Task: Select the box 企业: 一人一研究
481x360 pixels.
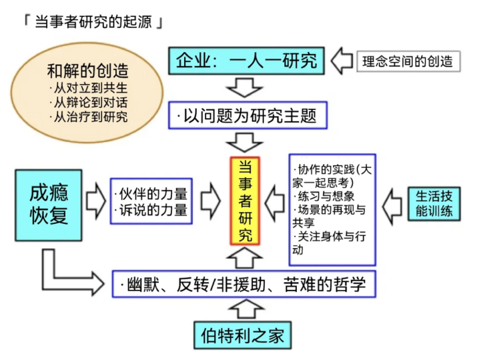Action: (246, 61)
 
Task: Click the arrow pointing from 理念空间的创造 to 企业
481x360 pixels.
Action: (342, 61)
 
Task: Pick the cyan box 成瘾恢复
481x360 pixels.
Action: (49, 205)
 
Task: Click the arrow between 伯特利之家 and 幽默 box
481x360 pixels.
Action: (246, 309)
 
